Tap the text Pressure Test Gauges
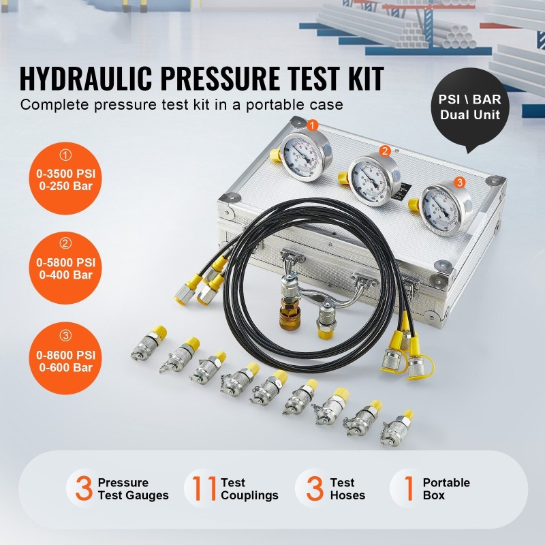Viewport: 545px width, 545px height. coord(132,489)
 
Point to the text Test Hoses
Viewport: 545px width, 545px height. coord(347,489)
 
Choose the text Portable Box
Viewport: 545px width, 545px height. coord(446,489)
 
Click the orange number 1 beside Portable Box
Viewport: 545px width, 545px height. coord(409,488)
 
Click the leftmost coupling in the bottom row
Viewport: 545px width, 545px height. coord(147,344)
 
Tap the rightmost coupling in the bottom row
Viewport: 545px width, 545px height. coord(396,425)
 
